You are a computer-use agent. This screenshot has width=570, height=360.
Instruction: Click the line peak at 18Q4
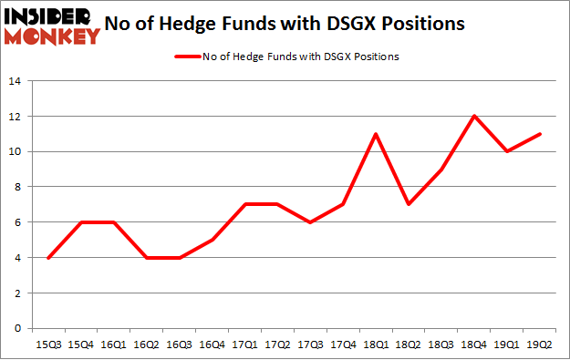click(x=474, y=116)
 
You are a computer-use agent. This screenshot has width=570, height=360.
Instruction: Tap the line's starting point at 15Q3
click(x=47, y=257)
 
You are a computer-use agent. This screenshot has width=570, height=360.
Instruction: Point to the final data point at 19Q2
click(x=540, y=134)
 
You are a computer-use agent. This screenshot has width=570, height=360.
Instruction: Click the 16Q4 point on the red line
click(x=212, y=240)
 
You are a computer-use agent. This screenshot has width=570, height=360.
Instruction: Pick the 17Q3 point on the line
click(x=310, y=222)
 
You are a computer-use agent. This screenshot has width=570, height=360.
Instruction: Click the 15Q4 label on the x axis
click(x=80, y=344)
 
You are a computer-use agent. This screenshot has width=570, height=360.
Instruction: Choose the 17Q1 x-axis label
click(x=244, y=344)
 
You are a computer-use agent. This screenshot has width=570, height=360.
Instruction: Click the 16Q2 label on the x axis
click(x=146, y=344)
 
